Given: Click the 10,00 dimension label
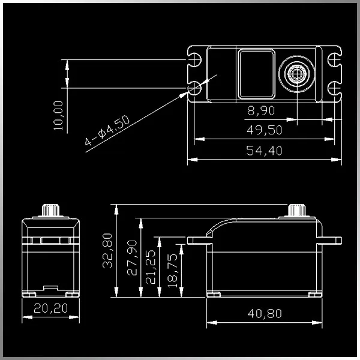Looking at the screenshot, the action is pos(58,116).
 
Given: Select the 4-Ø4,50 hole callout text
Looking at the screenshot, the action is pos(107,130).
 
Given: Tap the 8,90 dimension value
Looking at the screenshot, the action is pos(261,110).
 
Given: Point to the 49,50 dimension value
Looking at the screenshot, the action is pos(264,130).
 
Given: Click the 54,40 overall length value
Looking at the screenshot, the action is pos(264,151).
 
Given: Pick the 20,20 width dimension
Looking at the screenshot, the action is pos(51,308).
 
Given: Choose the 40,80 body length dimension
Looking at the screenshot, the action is pos(265,314).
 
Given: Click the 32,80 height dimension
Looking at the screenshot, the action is pos(107,251).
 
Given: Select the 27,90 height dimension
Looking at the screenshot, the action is pos(132,258).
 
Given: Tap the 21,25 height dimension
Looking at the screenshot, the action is pos(151,267).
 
